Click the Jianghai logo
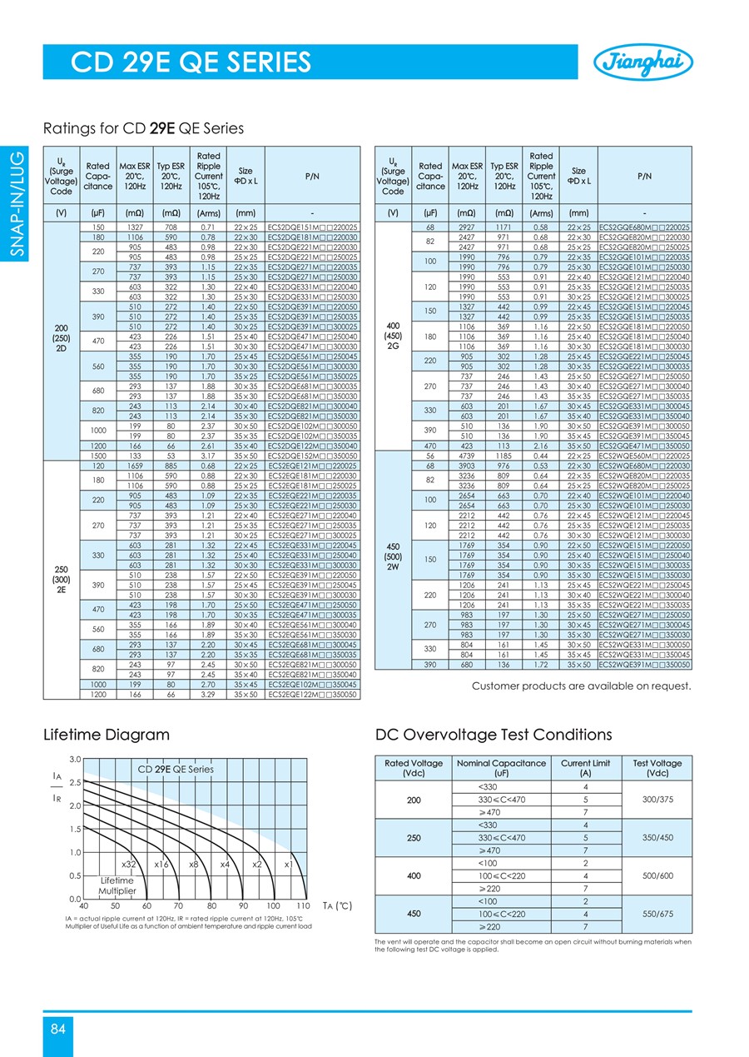(643, 62)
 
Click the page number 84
(57, 1029)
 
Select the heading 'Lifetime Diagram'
(107, 735)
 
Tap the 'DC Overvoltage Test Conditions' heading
(494, 735)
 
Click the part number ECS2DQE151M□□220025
(313, 227)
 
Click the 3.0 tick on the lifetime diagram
(75, 759)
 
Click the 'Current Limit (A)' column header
(587, 768)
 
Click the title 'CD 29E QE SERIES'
(191, 62)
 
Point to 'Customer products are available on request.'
(582, 686)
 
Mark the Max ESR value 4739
(466, 456)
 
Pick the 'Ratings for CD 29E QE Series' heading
(143, 128)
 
